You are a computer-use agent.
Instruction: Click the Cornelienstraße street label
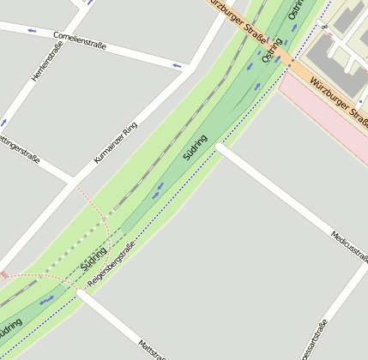79,40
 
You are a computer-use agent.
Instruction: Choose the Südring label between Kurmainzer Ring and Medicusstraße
196,147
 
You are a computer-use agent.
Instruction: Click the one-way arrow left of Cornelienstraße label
32,31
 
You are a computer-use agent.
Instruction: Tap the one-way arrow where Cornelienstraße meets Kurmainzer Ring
178,65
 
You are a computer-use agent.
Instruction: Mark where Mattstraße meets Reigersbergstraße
80,292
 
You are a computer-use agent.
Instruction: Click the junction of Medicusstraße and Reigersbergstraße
219,147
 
